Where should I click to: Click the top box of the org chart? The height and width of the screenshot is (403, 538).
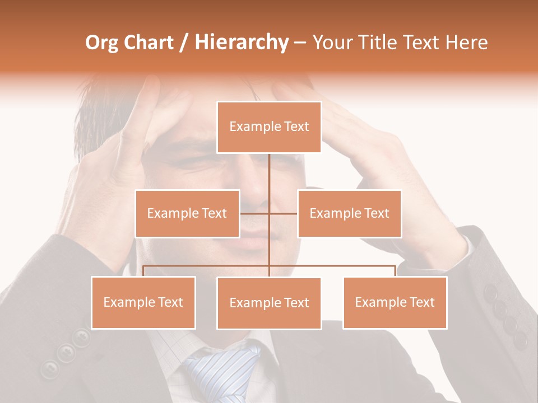pyautogui.click(x=269, y=127)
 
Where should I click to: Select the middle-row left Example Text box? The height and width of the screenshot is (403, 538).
pyautogui.click(x=187, y=213)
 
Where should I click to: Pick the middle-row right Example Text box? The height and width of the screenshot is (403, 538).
pyautogui.click(x=349, y=213)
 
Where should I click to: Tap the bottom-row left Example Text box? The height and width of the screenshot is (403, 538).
pyautogui.click(x=143, y=302)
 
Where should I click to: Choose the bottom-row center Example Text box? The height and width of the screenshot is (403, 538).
pyautogui.click(x=269, y=303)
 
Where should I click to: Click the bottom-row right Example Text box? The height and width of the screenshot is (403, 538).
pyautogui.click(x=395, y=302)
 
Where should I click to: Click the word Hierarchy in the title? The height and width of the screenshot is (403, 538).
pyautogui.click(x=241, y=43)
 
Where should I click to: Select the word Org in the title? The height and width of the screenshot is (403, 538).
pyautogui.click(x=103, y=43)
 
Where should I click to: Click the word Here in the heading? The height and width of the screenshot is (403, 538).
pyautogui.click(x=466, y=43)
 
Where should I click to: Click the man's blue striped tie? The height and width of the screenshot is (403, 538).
pyautogui.click(x=224, y=369)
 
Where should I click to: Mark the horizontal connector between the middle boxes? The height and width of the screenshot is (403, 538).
pyautogui.click(x=268, y=213)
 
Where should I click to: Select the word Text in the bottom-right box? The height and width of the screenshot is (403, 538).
pyautogui.click(x=421, y=302)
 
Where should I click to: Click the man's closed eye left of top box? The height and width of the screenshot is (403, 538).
pyautogui.click(x=193, y=162)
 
